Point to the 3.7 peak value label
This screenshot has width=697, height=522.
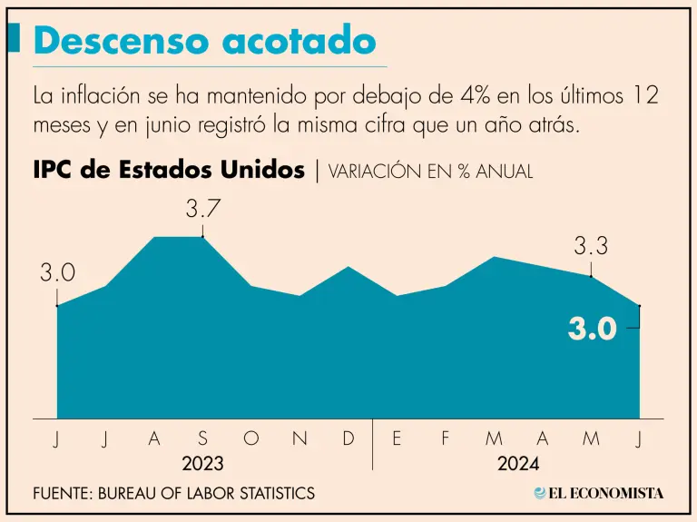[203, 209]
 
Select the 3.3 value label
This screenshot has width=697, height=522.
[591, 245]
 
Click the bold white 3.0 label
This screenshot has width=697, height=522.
[593, 329]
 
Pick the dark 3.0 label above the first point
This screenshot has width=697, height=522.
[56, 273]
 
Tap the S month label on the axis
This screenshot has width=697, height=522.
[202, 439]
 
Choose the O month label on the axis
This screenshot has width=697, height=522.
[251, 439]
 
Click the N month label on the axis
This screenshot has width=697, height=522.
[299, 439]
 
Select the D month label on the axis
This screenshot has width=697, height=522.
[348, 439]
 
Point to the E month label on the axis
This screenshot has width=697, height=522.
[397, 439]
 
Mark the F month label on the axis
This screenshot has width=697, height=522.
[445, 439]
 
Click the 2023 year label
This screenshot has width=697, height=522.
[203, 464]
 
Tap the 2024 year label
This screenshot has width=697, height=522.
[518, 464]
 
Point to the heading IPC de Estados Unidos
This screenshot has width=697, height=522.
[169, 171]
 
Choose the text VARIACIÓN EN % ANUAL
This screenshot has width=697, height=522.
[430, 172]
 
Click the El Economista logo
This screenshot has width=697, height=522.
[599, 493]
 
